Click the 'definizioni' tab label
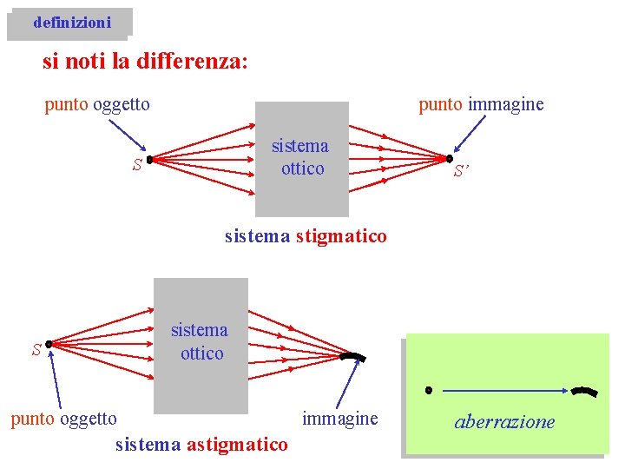(x=72, y=23)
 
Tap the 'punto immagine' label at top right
(x=481, y=105)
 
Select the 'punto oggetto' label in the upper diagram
(x=97, y=105)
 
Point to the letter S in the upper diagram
(x=136, y=166)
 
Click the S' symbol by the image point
(x=467, y=173)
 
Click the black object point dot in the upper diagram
(x=149, y=160)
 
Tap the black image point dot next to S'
(x=449, y=159)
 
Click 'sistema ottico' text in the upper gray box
(x=300, y=157)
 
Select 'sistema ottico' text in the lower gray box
(x=200, y=341)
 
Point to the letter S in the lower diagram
(x=36, y=351)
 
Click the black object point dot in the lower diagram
(x=49, y=344)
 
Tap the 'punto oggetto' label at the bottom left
(x=63, y=419)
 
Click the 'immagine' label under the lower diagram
(x=340, y=419)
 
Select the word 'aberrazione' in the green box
(x=504, y=423)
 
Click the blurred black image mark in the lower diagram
(x=353, y=357)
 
